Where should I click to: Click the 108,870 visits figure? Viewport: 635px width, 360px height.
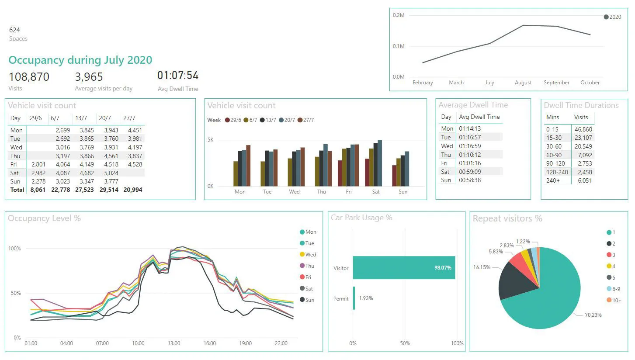(x=29, y=77)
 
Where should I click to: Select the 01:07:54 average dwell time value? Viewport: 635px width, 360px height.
(x=178, y=76)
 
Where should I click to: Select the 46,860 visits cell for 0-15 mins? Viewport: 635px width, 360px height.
(x=584, y=129)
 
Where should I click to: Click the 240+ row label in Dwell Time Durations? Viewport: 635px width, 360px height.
(x=553, y=180)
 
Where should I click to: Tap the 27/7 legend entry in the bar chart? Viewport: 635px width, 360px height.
(x=305, y=120)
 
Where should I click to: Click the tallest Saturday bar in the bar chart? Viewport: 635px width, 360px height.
(x=380, y=163)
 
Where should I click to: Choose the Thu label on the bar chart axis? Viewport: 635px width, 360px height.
(x=321, y=192)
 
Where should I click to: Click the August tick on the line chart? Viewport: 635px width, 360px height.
(x=523, y=83)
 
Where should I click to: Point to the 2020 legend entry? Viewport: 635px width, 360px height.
(x=612, y=17)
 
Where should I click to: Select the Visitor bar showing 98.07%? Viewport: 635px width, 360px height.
(x=404, y=267)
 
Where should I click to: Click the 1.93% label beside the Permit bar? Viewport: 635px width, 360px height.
(x=366, y=298)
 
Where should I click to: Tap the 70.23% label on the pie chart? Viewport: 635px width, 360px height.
(x=593, y=315)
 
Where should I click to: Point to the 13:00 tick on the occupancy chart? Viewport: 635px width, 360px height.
(x=174, y=343)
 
